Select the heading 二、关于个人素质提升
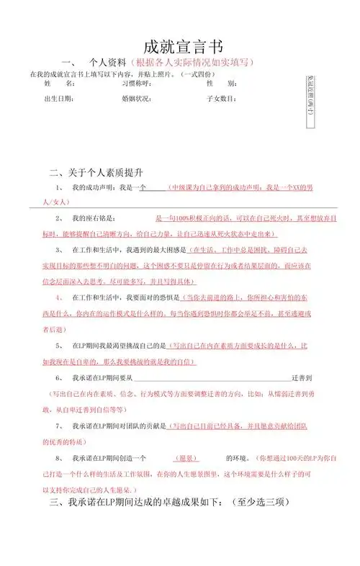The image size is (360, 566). (96, 173)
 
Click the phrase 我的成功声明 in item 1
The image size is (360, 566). (94, 187)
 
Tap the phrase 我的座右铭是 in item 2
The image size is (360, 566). (98, 217)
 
